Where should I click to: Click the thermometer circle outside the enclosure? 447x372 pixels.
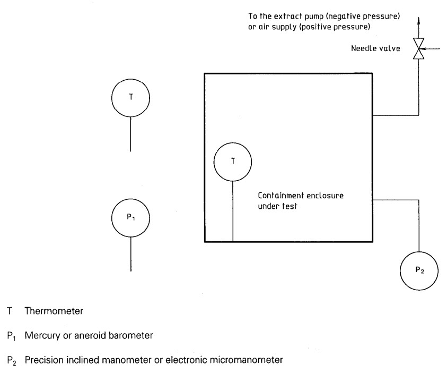pyautogui.click(x=131, y=98)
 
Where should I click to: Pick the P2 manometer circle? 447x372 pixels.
pyautogui.click(x=419, y=270)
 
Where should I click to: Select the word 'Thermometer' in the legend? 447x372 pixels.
pyautogui.click(x=54, y=311)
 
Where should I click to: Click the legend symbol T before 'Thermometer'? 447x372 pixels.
pyautogui.click(x=9, y=311)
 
